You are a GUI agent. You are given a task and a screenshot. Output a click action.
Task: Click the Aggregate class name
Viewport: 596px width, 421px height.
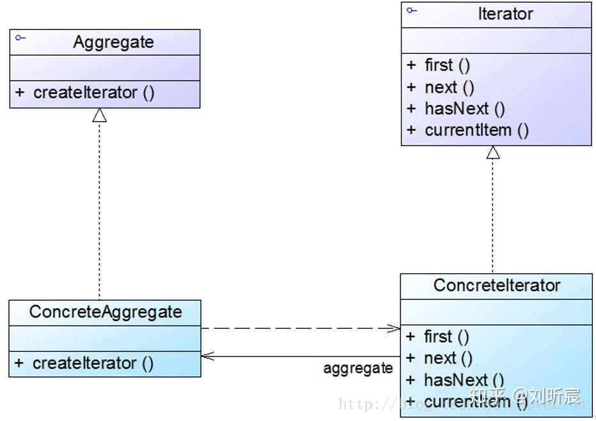[113, 42]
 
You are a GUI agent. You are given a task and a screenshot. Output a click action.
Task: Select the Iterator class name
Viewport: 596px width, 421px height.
[505, 14]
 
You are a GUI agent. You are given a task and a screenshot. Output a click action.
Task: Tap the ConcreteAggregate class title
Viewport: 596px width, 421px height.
[106, 312]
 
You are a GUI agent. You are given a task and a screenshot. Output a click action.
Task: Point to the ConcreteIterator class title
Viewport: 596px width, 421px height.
[496, 285]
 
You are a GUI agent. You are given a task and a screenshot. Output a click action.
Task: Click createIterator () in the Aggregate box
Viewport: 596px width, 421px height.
[94, 93]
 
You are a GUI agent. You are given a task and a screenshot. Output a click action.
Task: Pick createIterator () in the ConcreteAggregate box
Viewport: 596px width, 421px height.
[93, 363]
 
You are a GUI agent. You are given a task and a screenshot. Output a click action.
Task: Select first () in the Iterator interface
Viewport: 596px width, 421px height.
[447, 65]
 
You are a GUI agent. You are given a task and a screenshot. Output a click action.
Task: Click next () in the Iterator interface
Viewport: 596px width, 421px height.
[449, 87]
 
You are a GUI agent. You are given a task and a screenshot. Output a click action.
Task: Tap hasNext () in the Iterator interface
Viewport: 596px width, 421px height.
[464, 109]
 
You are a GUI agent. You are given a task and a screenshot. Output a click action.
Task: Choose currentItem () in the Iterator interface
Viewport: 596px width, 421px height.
[476, 131]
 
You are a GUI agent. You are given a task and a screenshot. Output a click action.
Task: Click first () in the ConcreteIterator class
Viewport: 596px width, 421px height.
[446, 337]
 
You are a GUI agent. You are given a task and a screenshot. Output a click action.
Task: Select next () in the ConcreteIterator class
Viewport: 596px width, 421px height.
[448, 358]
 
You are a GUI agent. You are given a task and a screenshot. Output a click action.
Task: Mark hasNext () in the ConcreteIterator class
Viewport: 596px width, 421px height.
[464, 380]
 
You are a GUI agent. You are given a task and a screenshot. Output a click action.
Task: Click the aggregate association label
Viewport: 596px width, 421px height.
[357, 369]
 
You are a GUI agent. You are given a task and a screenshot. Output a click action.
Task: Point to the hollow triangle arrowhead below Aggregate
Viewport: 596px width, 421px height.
[99, 115]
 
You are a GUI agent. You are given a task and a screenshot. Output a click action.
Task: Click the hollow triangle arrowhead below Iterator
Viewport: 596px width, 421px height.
[492, 152]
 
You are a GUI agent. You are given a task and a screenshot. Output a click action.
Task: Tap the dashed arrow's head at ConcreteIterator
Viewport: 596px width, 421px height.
[394, 329]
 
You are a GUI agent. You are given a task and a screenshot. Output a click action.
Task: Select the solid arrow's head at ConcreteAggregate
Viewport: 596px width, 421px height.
[207, 356]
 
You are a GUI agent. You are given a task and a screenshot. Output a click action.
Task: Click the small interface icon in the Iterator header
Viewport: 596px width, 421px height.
[411, 10]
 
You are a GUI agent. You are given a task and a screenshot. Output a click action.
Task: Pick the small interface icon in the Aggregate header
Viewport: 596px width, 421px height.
[20, 38]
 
